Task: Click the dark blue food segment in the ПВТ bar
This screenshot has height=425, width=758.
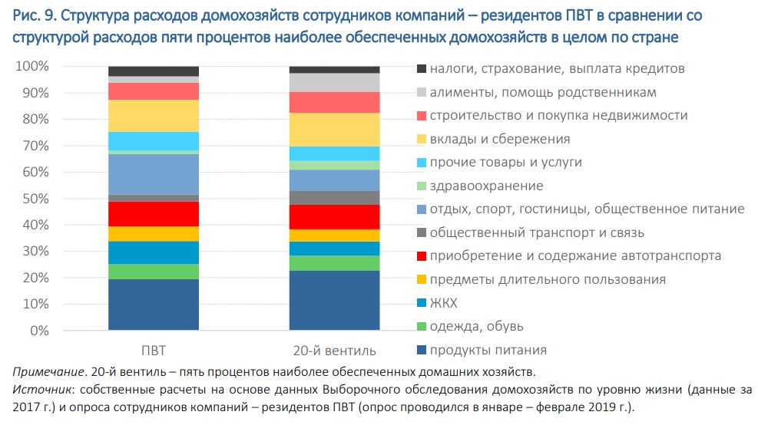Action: point(154,305)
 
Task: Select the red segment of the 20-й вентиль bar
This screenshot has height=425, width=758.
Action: point(335,216)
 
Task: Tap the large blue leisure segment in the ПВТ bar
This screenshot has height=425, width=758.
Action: point(154,174)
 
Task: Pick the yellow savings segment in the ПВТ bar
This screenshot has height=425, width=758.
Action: point(154,115)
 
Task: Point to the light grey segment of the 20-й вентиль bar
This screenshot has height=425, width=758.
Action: point(335,82)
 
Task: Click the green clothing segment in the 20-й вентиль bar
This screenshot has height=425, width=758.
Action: point(335,263)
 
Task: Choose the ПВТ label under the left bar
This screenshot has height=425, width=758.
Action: point(153,351)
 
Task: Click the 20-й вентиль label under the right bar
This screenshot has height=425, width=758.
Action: point(335,351)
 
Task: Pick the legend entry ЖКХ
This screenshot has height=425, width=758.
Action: point(444,303)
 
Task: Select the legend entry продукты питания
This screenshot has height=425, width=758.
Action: point(488,350)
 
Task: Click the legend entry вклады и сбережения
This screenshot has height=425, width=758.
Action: point(500,139)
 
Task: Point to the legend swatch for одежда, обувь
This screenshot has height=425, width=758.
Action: point(421,327)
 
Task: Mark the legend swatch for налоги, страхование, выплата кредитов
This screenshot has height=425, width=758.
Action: point(421,69)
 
